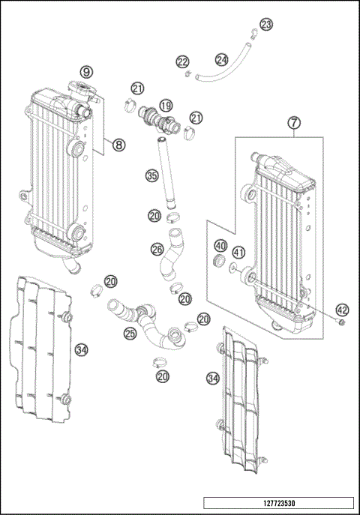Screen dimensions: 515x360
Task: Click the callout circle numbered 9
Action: click(88, 72)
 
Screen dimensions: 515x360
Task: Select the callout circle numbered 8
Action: click(118, 145)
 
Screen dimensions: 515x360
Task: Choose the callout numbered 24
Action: click(221, 58)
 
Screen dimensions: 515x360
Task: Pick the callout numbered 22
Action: click(182, 61)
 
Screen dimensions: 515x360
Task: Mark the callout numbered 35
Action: click(152, 176)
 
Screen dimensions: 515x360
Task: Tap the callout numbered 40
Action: click(220, 246)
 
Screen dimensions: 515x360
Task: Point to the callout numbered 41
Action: click(238, 252)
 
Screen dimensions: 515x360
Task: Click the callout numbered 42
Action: click(342, 308)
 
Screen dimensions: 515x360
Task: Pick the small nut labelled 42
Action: click(342, 323)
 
